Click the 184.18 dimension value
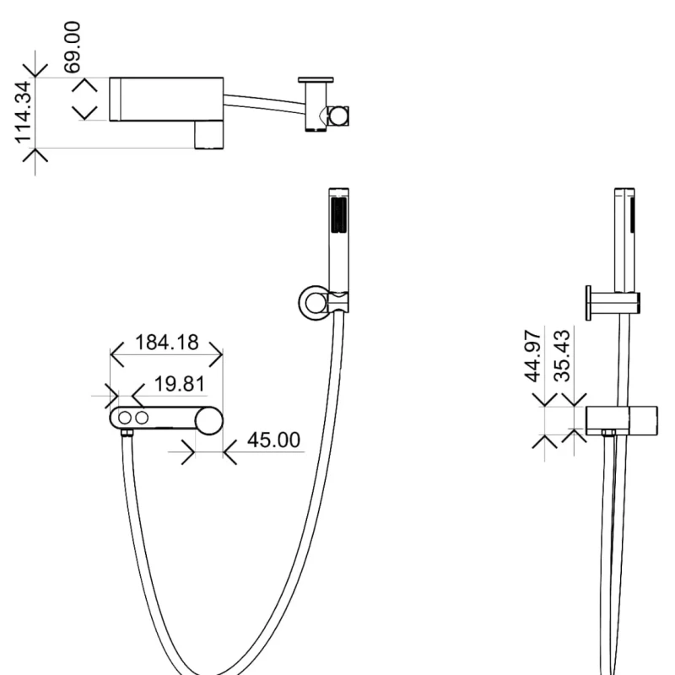click(166, 343)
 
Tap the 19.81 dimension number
click(179, 384)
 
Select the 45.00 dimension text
click(273, 440)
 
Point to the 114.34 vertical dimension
click(24, 112)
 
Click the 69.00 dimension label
click(72, 47)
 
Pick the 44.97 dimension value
click(532, 356)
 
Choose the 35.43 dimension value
click(562, 356)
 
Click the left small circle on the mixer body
click(125, 418)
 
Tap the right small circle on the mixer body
click(142, 418)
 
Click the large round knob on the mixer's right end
click(209, 420)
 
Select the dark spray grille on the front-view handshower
click(339, 215)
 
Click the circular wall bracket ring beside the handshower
click(314, 303)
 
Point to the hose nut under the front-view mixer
click(127, 433)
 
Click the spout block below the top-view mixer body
click(209, 135)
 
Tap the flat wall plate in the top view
click(316, 79)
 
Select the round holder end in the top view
click(338, 116)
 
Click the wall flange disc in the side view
click(588, 303)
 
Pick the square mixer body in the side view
click(622, 420)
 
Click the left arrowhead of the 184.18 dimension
click(117, 354)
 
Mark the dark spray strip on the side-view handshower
click(633, 215)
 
